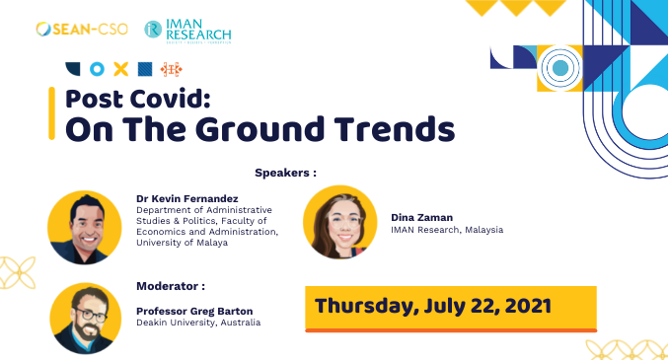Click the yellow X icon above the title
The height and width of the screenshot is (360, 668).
120,69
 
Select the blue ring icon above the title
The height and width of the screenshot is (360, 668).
97,69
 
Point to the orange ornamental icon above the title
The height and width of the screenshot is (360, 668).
172,69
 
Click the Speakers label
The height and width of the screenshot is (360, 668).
285,172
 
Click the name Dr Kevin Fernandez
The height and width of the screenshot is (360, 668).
187,198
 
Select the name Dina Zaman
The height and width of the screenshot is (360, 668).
419,216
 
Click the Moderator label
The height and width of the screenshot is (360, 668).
171,286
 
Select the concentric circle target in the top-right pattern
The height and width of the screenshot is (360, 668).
559,68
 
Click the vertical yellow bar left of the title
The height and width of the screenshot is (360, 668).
51,112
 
